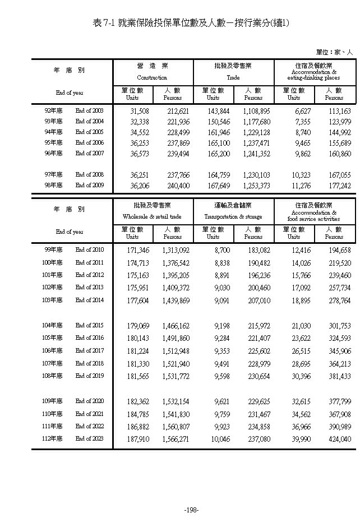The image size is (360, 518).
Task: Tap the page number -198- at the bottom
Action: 192,510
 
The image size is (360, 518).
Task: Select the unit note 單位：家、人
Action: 334,52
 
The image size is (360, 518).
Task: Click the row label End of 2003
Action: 90,111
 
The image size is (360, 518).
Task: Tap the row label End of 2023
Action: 90,439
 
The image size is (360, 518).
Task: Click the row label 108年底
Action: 53,376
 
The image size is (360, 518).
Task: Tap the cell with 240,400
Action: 176,185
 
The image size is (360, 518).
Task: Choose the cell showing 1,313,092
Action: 176,249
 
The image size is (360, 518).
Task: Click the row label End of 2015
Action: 90,325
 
